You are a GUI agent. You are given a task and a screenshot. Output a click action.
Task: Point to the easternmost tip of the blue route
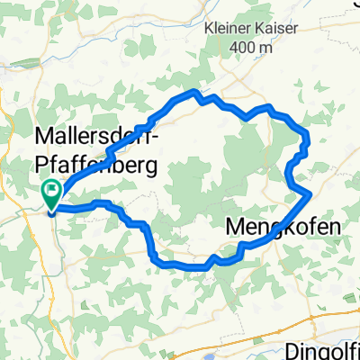[310, 193]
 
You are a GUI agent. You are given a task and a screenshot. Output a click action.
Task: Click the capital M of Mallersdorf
[44, 138]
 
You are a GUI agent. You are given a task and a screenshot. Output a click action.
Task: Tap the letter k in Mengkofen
[288, 227]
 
